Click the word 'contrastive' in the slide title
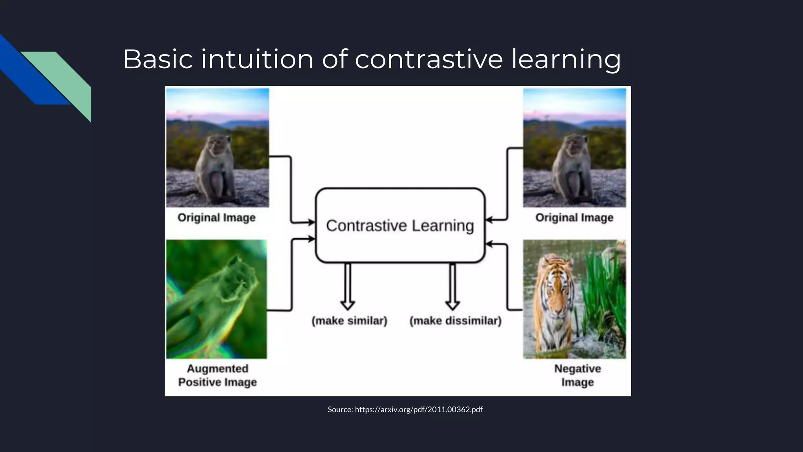[x=429, y=59]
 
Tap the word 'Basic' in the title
[x=158, y=59]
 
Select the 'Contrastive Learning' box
[x=400, y=225]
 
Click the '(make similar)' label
[x=349, y=321]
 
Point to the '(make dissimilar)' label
[x=455, y=321]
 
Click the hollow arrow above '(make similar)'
[x=348, y=286]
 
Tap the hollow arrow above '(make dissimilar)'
[x=452, y=286]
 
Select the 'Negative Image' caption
[x=577, y=375]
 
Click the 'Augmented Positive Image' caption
[x=218, y=375]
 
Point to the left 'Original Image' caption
[x=216, y=217]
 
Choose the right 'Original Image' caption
[x=574, y=217]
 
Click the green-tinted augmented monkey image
[x=216, y=299]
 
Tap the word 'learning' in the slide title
[x=566, y=59]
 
